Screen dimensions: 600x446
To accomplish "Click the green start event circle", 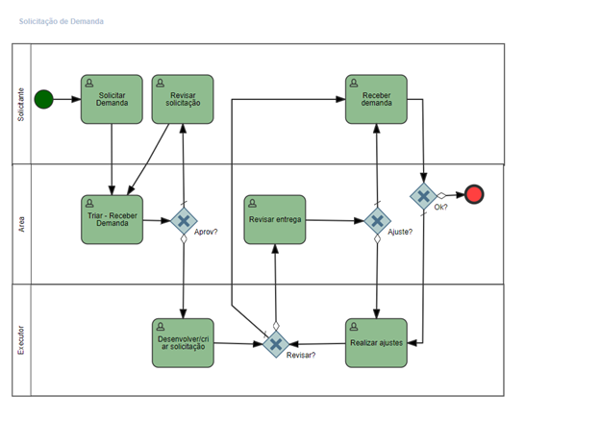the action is [x=43, y=99].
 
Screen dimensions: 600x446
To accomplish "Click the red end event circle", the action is [x=474, y=194].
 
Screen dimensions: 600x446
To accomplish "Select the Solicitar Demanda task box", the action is [x=112, y=99].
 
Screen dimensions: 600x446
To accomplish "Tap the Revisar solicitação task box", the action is [x=183, y=99].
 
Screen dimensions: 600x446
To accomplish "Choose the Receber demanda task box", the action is [x=376, y=99].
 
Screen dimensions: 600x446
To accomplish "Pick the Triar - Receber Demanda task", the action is [x=112, y=219].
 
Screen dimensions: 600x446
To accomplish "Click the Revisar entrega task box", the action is [x=275, y=219].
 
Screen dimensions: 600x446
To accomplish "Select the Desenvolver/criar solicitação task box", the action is [x=183, y=343].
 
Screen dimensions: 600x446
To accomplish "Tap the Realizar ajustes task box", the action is [x=376, y=343].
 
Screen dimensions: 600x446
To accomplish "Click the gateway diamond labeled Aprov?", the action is [x=184, y=221].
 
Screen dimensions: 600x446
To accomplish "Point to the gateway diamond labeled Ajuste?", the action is [x=377, y=221].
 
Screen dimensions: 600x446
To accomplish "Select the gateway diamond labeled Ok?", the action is [x=423, y=196].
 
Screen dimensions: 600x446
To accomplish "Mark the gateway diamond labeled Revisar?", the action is [x=276, y=344].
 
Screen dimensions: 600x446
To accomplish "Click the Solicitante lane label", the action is [x=21, y=105].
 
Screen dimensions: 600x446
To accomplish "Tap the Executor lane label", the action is [x=21, y=340].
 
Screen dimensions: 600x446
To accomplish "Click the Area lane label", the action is [x=21, y=224].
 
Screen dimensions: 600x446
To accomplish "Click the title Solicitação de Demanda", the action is [x=62, y=21].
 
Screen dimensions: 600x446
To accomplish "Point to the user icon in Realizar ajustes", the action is [x=354, y=326].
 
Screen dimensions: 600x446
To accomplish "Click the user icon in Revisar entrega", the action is [x=253, y=203].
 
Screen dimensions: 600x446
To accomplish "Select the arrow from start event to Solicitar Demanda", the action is [x=67, y=99].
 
